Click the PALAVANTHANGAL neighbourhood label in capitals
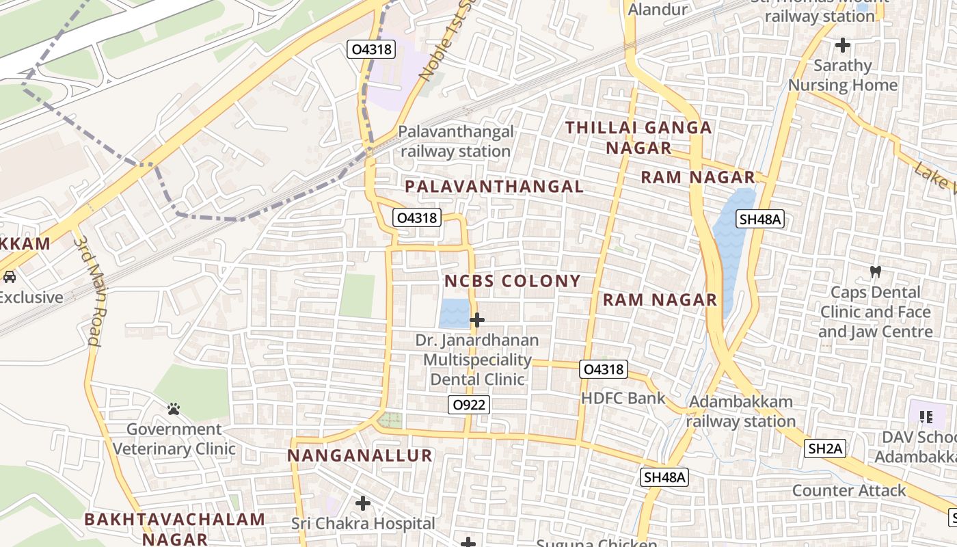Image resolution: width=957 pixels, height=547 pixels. [x=494, y=187]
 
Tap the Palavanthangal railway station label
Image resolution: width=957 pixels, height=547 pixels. [x=456, y=142]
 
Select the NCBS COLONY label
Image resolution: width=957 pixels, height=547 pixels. [x=513, y=281]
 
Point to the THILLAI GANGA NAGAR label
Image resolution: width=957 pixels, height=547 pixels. [x=638, y=137]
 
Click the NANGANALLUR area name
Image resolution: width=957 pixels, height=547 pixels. [x=360, y=455]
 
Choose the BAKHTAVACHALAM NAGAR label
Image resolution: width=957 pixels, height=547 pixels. [x=174, y=529]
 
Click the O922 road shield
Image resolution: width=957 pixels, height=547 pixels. [x=470, y=405]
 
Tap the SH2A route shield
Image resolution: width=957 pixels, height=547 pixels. [x=826, y=449]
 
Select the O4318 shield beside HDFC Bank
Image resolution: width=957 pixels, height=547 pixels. [x=603, y=369]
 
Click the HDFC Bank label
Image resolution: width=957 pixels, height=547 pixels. [x=623, y=398]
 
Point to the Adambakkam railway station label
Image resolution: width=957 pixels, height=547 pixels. [x=740, y=412]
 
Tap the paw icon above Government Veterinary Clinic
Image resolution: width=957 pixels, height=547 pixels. [x=174, y=409]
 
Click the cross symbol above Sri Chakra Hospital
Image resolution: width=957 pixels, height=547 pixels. [x=363, y=504]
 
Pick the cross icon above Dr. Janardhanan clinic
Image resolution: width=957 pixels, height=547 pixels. [x=477, y=319]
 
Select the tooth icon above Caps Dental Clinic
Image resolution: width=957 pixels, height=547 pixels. [x=875, y=271]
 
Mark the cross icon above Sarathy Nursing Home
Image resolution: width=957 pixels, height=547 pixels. [x=843, y=45]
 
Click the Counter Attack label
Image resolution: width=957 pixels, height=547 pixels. [x=849, y=490]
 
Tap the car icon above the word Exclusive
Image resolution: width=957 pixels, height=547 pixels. [x=10, y=277]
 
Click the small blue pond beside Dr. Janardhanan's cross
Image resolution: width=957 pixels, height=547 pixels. [x=454, y=313]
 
